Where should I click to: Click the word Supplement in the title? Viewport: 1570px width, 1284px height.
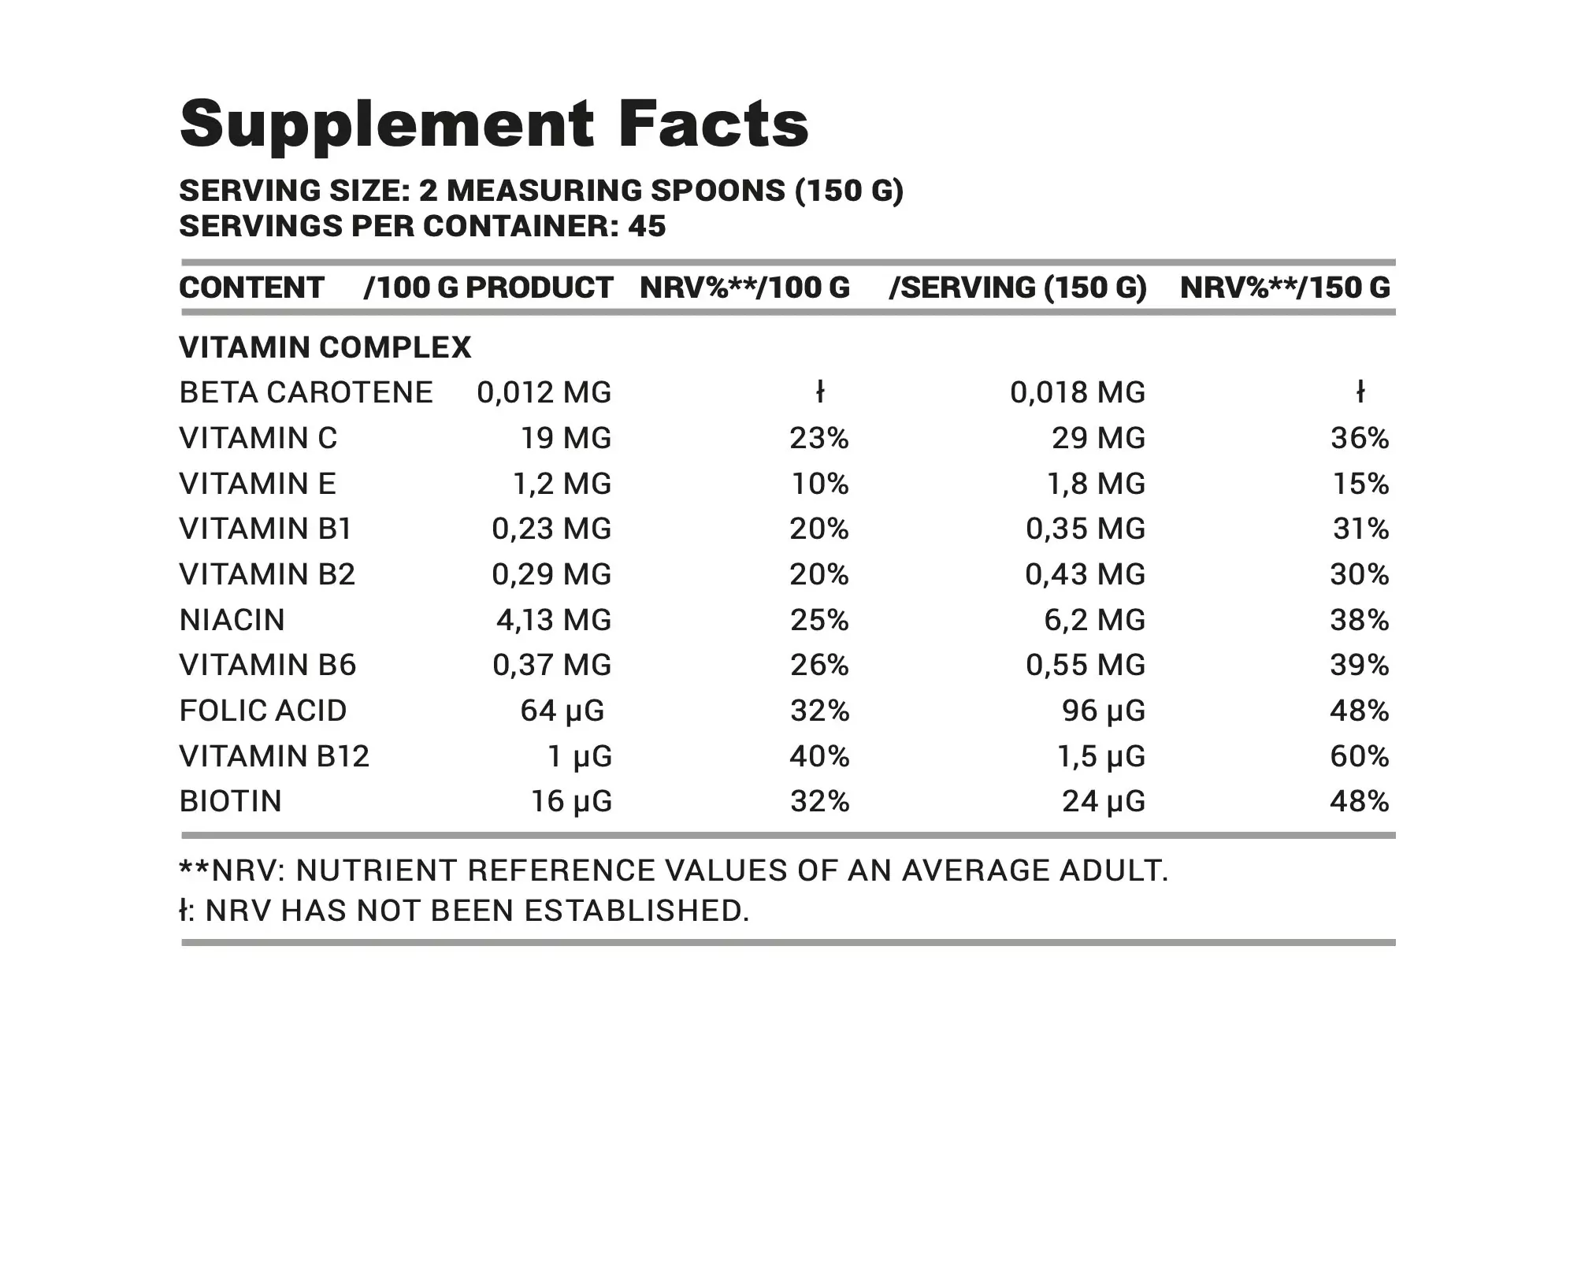(x=387, y=124)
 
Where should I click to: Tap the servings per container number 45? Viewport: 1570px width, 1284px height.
(x=647, y=227)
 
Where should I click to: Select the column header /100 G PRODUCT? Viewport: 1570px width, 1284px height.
(x=488, y=288)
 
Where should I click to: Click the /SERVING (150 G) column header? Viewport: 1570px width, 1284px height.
(x=1017, y=288)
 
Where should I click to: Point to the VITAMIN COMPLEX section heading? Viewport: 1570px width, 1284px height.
(x=325, y=347)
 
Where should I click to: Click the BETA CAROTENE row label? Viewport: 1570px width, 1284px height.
(x=306, y=392)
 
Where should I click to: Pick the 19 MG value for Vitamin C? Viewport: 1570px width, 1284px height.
(x=566, y=438)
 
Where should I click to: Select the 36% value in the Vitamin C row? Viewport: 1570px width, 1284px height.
(x=1359, y=438)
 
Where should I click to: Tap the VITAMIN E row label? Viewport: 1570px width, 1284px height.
(x=258, y=484)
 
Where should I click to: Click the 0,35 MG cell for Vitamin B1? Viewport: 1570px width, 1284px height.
(x=1085, y=529)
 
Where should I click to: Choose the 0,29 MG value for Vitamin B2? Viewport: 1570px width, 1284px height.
(x=551, y=574)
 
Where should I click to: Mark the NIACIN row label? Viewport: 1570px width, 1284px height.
(x=232, y=620)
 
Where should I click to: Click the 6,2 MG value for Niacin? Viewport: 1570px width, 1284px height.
(x=1094, y=620)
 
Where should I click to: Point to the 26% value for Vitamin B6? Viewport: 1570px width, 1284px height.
(x=819, y=665)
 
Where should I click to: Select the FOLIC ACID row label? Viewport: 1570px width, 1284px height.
(x=263, y=711)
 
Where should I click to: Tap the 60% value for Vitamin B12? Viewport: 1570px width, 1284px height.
(x=1359, y=756)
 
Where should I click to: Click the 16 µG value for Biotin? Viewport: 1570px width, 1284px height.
(x=571, y=801)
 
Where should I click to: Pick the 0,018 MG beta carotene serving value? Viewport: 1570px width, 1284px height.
(x=1077, y=392)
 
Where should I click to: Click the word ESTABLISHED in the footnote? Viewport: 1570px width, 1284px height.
(x=637, y=911)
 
